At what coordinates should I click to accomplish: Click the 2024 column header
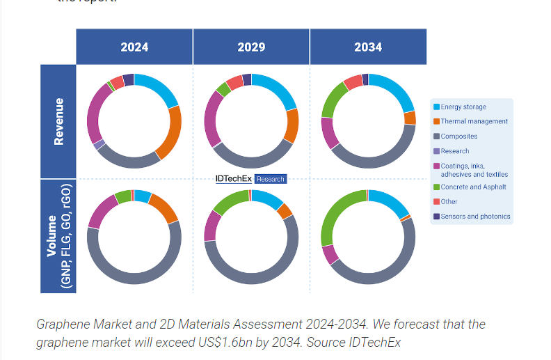click(134, 47)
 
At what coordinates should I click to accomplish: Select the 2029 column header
click(251, 47)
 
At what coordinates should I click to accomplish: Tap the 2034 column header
click(368, 47)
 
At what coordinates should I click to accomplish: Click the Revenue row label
click(58, 121)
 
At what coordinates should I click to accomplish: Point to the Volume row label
click(58, 237)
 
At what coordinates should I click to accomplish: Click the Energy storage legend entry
click(463, 107)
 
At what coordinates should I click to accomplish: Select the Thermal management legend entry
click(474, 121)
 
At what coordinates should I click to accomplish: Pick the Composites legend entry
click(459, 136)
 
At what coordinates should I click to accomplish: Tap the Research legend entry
click(455, 151)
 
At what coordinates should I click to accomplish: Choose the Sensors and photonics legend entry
click(475, 217)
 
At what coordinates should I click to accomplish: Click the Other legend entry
click(449, 202)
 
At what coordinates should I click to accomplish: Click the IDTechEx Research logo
click(250, 179)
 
